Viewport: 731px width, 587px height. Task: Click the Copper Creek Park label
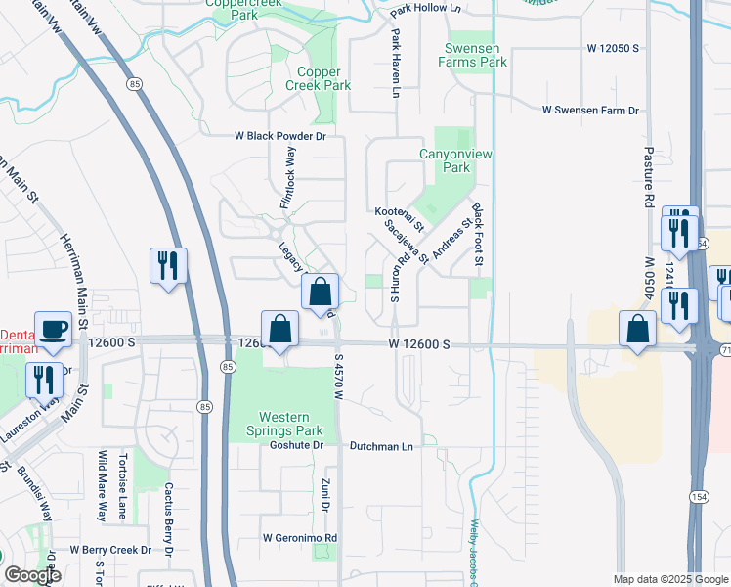pyautogui.click(x=318, y=79)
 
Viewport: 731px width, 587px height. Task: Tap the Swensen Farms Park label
pyautogui.click(x=475, y=55)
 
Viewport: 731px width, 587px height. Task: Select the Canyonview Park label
pyautogui.click(x=445, y=160)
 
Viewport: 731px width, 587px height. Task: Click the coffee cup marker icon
pyautogui.click(x=53, y=329)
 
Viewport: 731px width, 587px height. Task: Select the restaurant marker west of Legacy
pyautogui.click(x=167, y=265)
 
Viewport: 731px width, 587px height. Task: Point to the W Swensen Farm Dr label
pyautogui.click(x=590, y=111)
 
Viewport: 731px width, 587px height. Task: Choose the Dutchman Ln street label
pyautogui.click(x=382, y=446)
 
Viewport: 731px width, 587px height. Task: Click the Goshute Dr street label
pyautogui.click(x=296, y=446)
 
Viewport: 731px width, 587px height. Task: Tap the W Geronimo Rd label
pyautogui.click(x=299, y=538)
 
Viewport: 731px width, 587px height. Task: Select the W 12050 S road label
pyautogui.click(x=613, y=47)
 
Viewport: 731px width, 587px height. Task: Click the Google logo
pyautogui.click(x=31, y=575)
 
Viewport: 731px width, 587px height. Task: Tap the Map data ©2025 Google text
pyautogui.click(x=669, y=579)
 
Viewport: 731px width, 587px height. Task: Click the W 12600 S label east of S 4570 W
pyautogui.click(x=418, y=344)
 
